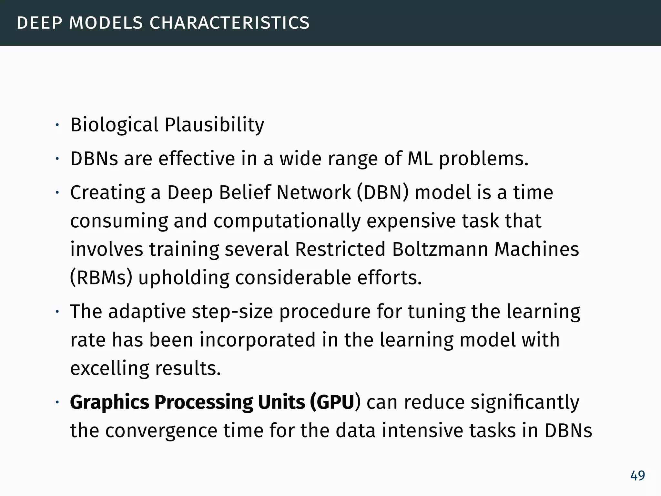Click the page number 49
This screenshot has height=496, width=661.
637,476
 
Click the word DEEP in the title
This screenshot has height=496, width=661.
39,23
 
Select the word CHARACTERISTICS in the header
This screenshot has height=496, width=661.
229,23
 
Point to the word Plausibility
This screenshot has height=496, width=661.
214,125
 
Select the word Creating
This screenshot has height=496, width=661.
107,193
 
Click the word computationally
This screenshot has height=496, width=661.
287,222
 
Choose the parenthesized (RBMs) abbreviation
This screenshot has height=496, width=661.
101,278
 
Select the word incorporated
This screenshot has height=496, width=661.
258,340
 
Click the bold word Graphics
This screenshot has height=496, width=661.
110,403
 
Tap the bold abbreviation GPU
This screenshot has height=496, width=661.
335,403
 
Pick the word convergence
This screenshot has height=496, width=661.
161,431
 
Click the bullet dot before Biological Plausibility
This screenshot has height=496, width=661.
57,125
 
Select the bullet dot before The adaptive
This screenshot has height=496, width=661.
57,312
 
